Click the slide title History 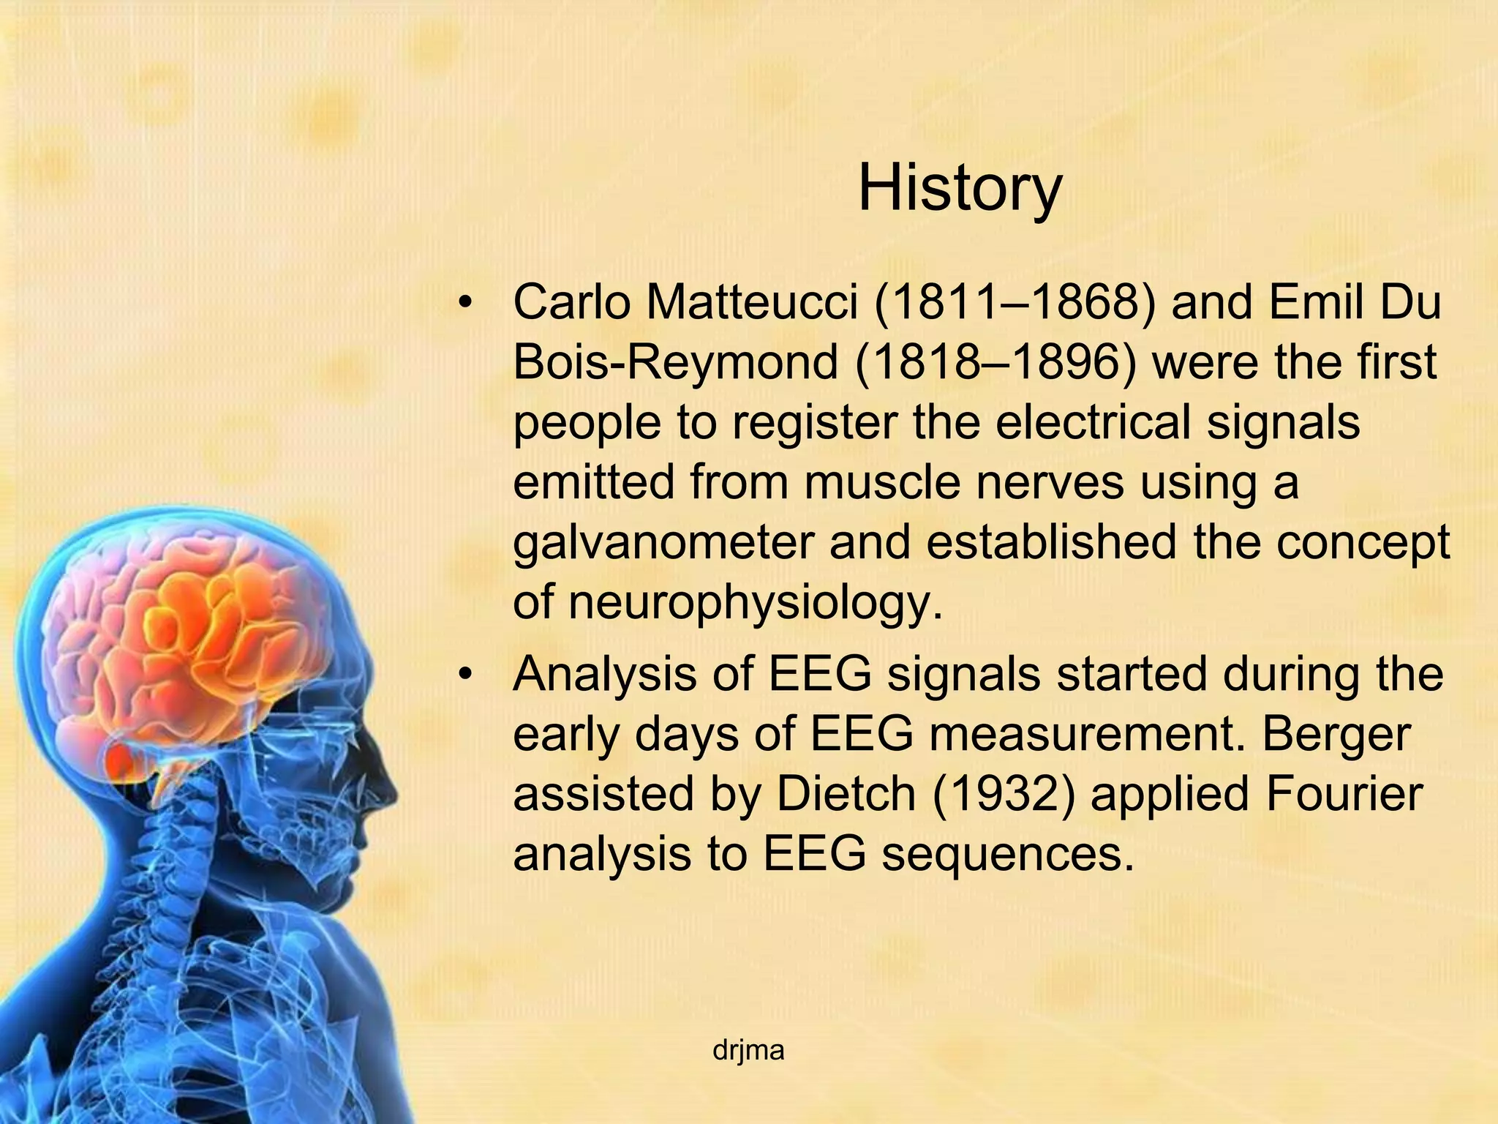(x=959, y=189)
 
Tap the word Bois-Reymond (x=675, y=362)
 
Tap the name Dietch (x=846, y=794)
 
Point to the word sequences (x=1008, y=854)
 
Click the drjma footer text (x=748, y=1051)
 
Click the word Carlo (x=571, y=302)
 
